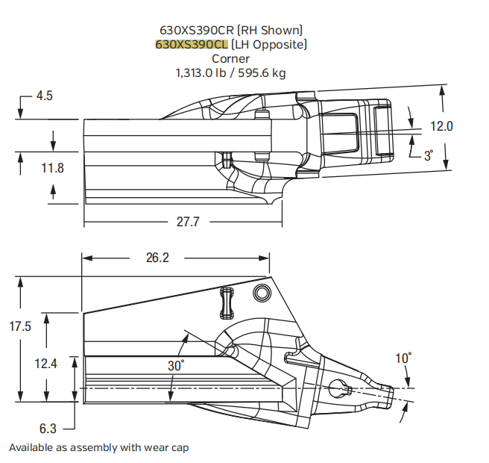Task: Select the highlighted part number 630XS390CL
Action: click(192, 44)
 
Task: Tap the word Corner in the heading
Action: click(230, 58)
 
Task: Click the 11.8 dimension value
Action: click(52, 169)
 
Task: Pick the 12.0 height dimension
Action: click(441, 126)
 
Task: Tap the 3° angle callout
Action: click(428, 155)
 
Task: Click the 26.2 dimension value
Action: click(157, 258)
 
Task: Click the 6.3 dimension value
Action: click(47, 429)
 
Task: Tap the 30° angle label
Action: click(176, 365)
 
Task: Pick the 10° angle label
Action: click(403, 358)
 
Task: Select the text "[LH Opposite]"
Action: click(268, 44)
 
